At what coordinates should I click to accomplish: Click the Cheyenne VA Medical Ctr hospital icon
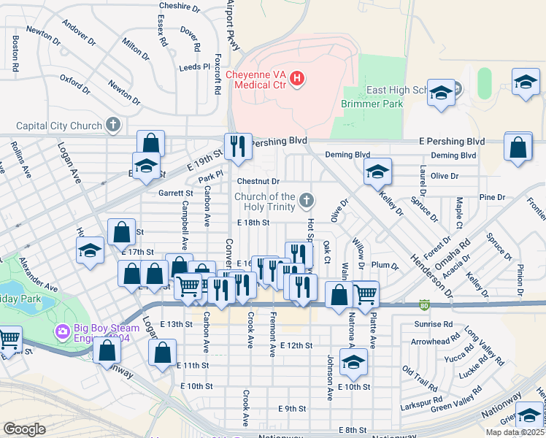pos(297,78)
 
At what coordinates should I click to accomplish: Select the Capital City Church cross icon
pos(113,126)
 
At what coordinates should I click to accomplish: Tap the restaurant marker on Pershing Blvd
pos(238,147)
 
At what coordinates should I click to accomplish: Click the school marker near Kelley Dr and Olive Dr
pos(377,172)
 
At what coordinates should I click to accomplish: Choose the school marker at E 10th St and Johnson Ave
pos(353,361)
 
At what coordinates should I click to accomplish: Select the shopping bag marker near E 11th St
pos(162,352)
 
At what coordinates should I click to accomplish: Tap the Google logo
pos(24,429)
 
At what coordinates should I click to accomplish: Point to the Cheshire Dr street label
pos(180,7)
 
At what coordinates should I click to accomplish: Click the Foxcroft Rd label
pos(217,73)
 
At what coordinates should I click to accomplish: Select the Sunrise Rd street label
pos(433,323)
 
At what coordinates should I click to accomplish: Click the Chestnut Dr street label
pos(258,181)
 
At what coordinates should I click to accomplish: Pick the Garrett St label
pos(175,193)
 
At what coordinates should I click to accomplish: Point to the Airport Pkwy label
pos(233,23)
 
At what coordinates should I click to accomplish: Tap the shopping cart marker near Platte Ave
pos(365,294)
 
